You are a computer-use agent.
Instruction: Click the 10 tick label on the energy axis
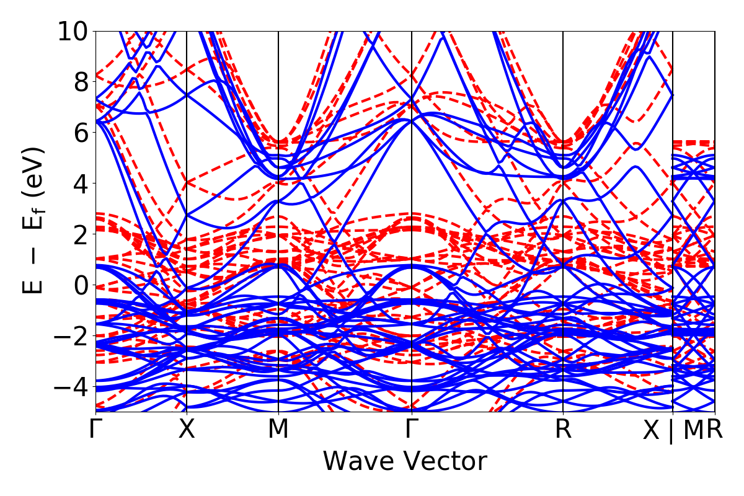tap(73, 31)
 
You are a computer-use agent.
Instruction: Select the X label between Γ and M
tap(187, 430)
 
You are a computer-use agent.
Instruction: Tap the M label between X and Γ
tap(278, 430)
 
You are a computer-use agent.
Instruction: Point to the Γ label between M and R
tap(412, 430)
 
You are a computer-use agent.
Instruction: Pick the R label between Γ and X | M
tap(563, 430)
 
